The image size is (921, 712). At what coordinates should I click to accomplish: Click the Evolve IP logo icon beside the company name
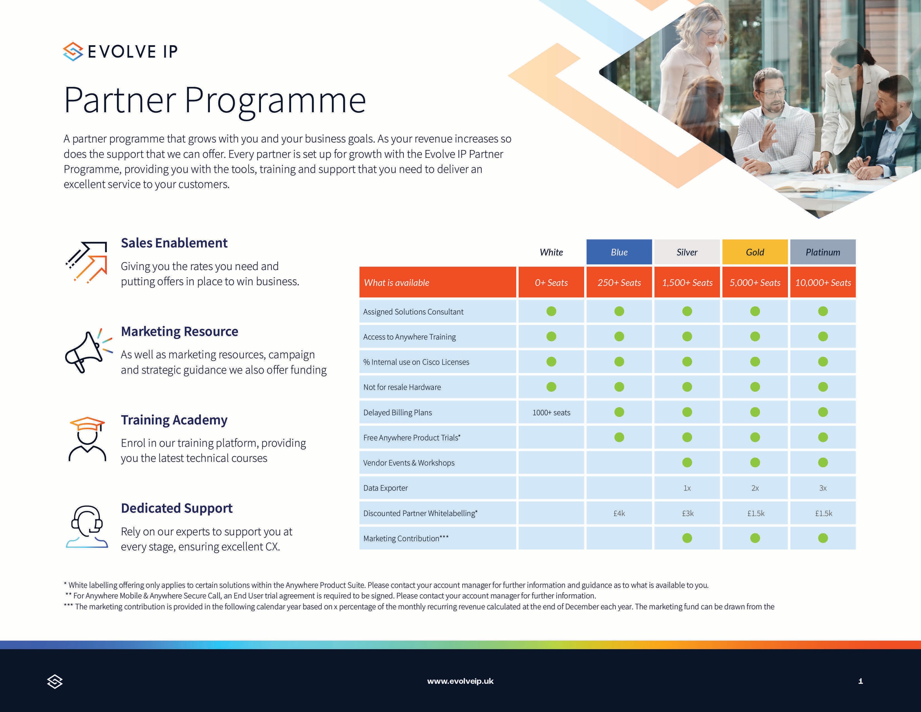click(73, 51)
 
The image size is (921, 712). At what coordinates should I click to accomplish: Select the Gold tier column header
click(755, 252)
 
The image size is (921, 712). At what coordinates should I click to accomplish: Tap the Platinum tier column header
click(823, 252)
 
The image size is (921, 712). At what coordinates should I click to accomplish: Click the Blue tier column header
click(619, 252)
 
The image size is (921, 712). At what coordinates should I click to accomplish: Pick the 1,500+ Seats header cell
click(687, 283)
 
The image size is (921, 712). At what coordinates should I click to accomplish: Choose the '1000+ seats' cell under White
click(551, 412)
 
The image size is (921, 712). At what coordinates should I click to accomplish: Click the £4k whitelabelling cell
click(619, 513)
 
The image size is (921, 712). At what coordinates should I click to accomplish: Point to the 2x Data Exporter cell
click(755, 488)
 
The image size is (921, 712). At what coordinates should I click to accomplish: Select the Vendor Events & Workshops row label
click(409, 463)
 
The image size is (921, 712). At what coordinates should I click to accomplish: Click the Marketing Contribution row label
click(406, 538)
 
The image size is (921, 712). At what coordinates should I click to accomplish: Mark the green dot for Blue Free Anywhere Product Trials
click(619, 438)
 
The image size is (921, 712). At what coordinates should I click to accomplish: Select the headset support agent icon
click(87, 527)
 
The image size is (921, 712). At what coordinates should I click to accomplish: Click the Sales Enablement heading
click(174, 243)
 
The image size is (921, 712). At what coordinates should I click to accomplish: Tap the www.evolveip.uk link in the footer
click(460, 681)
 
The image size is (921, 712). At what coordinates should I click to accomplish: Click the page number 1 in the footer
click(860, 681)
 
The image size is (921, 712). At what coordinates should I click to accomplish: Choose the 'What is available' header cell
click(396, 283)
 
